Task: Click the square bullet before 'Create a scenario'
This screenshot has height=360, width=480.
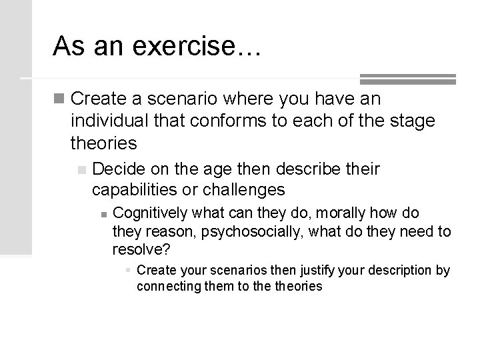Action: (61, 100)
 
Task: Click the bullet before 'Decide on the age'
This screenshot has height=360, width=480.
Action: (82, 169)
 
